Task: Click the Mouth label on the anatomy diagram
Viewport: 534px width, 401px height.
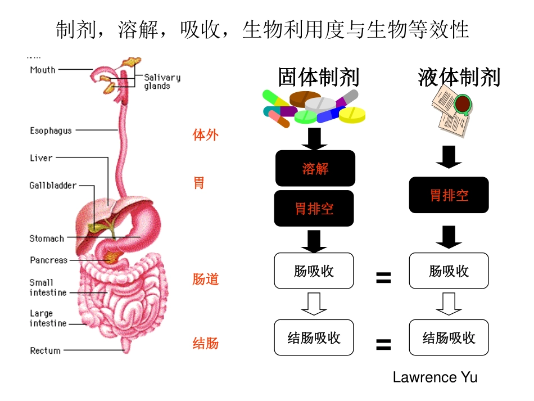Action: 43,70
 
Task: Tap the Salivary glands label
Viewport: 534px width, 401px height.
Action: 162,82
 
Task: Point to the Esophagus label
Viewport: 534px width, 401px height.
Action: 51,130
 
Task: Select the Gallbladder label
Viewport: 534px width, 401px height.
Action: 53,185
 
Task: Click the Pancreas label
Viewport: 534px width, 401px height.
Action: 48,260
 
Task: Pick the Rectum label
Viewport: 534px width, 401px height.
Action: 45,350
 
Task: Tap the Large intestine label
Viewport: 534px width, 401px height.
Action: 48,318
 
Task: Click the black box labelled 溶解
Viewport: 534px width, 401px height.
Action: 315,168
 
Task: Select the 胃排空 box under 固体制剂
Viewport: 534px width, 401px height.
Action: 314,209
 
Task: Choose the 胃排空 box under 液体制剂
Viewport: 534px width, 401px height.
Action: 449,195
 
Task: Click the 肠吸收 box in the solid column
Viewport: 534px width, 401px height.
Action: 314,271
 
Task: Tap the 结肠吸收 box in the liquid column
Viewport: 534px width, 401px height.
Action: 449,337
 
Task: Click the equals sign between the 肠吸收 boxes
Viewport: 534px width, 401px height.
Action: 383,277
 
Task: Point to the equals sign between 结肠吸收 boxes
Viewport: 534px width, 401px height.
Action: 383,344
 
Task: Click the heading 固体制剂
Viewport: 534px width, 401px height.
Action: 318,77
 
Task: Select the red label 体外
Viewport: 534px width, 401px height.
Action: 205,135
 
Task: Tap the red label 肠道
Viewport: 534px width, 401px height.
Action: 205,279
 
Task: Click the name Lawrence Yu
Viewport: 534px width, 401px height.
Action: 435,377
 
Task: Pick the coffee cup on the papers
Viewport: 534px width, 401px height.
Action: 462,105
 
